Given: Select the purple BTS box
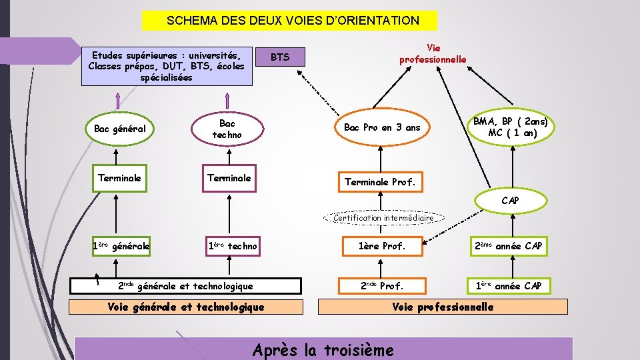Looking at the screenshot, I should (x=280, y=57).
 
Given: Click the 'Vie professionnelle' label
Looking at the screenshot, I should (x=433, y=54).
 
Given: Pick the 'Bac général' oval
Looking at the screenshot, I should (x=120, y=128).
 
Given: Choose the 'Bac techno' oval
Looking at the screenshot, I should (x=227, y=129).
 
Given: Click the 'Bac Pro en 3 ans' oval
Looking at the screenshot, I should (x=382, y=127).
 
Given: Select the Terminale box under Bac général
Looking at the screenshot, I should (x=119, y=178).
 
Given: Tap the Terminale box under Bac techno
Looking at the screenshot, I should (x=229, y=178).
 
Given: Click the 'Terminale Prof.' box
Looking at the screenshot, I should (x=379, y=181).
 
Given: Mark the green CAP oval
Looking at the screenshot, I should (x=510, y=200).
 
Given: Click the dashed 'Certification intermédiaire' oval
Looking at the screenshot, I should (x=383, y=217).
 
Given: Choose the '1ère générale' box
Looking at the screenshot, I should (x=121, y=247).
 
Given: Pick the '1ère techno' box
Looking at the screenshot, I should (x=233, y=247).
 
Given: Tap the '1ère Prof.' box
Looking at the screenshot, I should (x=382, y=247).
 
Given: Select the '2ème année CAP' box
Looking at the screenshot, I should (x=509, y=247).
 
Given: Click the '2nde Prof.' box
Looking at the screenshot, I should (x=382, y=286).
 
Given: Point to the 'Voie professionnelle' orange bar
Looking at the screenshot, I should (x=443, y=307).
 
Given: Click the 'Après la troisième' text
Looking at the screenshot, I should (x=323, y=349).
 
